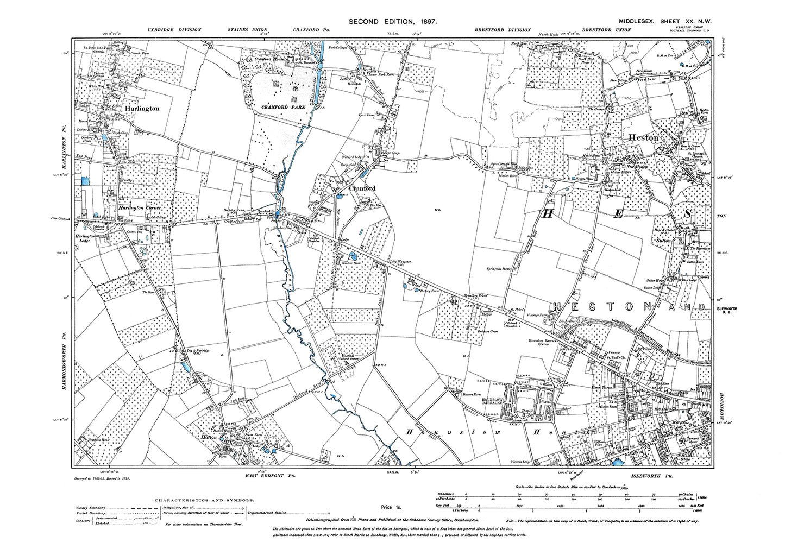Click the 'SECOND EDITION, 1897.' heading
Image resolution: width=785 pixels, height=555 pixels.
393,21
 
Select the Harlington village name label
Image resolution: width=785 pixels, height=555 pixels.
142,109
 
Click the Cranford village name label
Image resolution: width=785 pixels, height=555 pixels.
362,188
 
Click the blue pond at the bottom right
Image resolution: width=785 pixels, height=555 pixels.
618,463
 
